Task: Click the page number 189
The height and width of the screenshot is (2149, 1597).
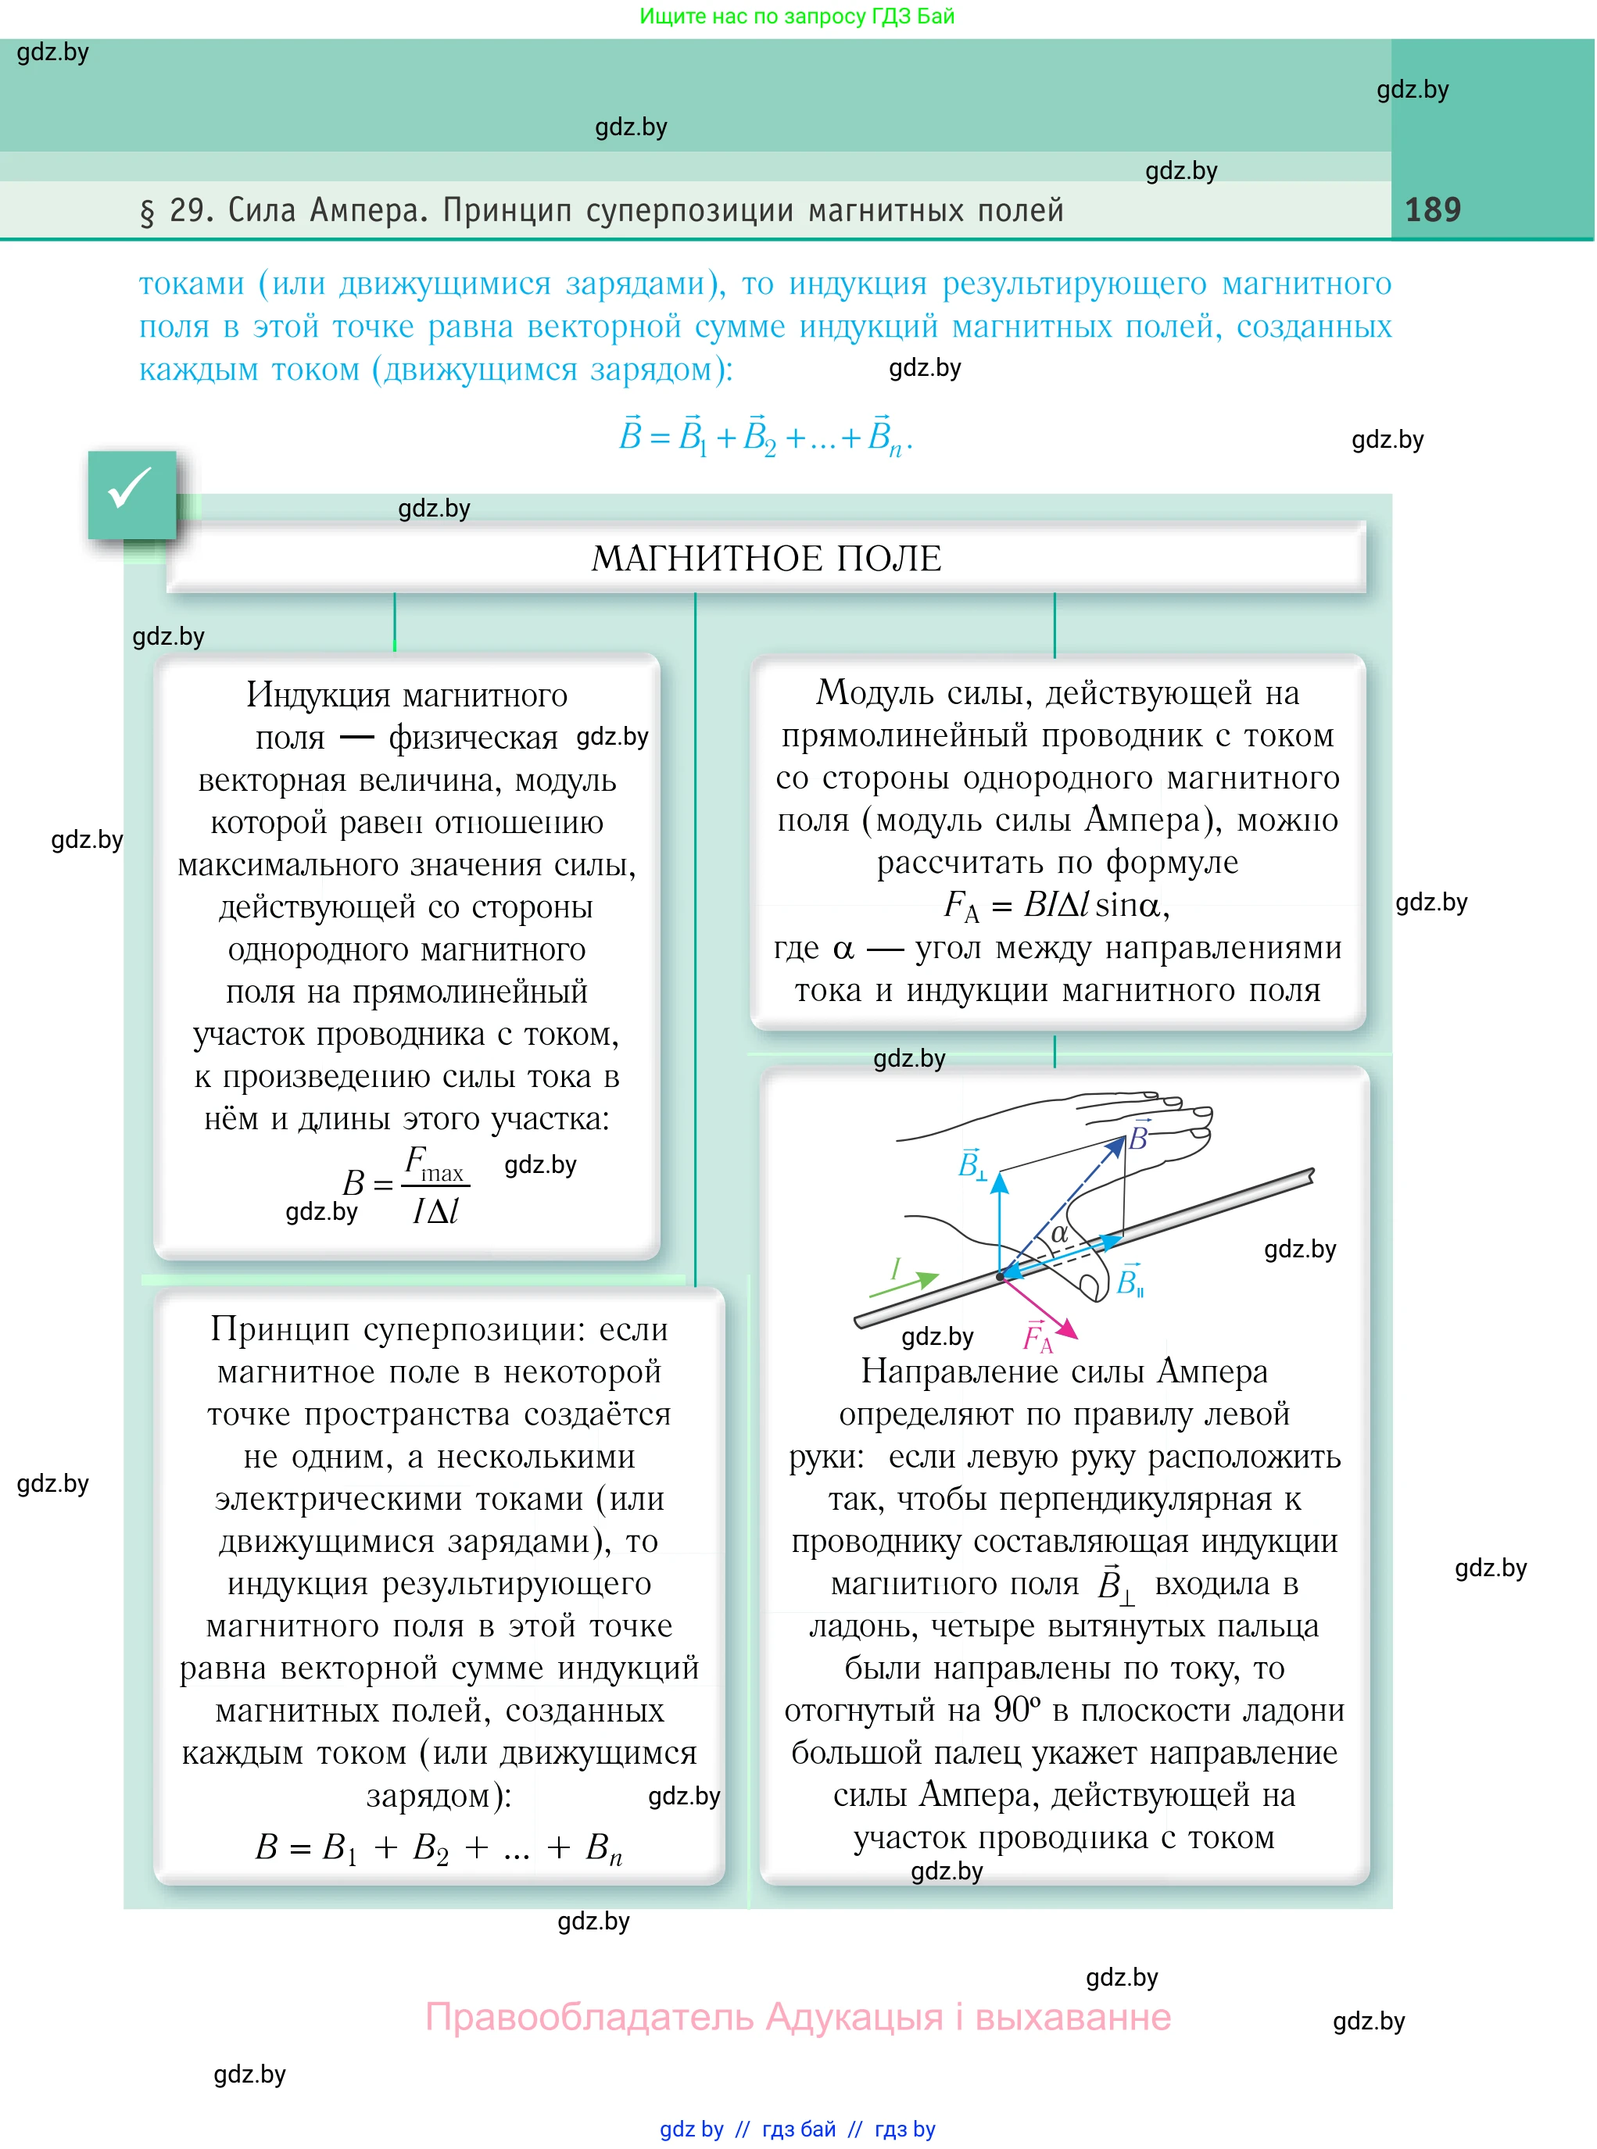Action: (x=1432, y=209)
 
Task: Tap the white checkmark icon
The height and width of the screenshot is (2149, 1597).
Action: (x=131, y=489)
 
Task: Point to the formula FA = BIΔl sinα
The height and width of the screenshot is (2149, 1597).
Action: (x=1057, y=906)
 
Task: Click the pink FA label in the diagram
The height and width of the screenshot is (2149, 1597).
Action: (x=1037, y=1339)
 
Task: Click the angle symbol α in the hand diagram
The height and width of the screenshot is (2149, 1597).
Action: (x=1059, y=1233)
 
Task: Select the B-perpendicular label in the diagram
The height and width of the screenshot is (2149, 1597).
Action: (x=971, y=1165)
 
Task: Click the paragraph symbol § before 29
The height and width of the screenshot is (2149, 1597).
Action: (x=147, y=212)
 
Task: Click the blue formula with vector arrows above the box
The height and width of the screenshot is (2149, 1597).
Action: (x=765, y=437)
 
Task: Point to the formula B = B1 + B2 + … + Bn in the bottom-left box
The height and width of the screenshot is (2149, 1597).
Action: (x=439, y=1847)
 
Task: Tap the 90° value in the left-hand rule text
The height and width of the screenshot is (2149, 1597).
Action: (x=1017, y=1711)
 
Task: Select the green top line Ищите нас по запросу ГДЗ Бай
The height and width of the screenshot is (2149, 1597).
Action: (x=797, y=16)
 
